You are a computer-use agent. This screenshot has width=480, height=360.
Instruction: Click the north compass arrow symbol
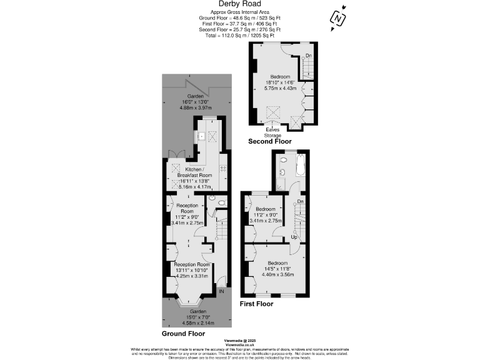point(338,19)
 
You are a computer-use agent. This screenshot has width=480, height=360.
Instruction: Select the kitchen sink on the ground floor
point(202,136)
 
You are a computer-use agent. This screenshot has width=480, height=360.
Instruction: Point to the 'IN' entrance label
point(221,291)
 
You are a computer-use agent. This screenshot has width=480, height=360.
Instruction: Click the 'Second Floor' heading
point(270,142)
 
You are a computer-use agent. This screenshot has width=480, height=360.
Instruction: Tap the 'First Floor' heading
point(257,304)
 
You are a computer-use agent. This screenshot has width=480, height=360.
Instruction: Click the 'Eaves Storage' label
point(275,132)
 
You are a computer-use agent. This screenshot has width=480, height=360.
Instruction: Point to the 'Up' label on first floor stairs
point(294,237)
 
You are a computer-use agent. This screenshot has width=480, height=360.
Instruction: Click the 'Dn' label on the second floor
point(309,56)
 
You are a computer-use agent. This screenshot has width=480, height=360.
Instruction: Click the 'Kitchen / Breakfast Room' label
point(195,172)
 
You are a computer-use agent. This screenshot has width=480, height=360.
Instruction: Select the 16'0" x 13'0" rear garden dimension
point(195,102)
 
